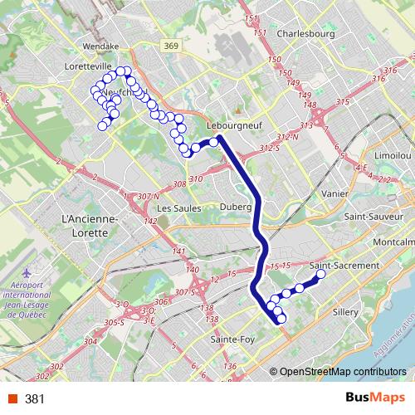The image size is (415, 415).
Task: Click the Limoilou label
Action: [x=392, y=155]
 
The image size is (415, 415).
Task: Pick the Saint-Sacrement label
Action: [x=344, y=265]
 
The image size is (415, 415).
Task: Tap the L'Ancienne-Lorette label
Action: [x=90, y=225]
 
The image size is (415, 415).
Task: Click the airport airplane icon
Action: [x=32, y=271]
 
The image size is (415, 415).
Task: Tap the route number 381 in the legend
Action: [x=34, y=398]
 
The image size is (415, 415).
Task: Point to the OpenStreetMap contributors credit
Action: [x=342, y=372]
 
